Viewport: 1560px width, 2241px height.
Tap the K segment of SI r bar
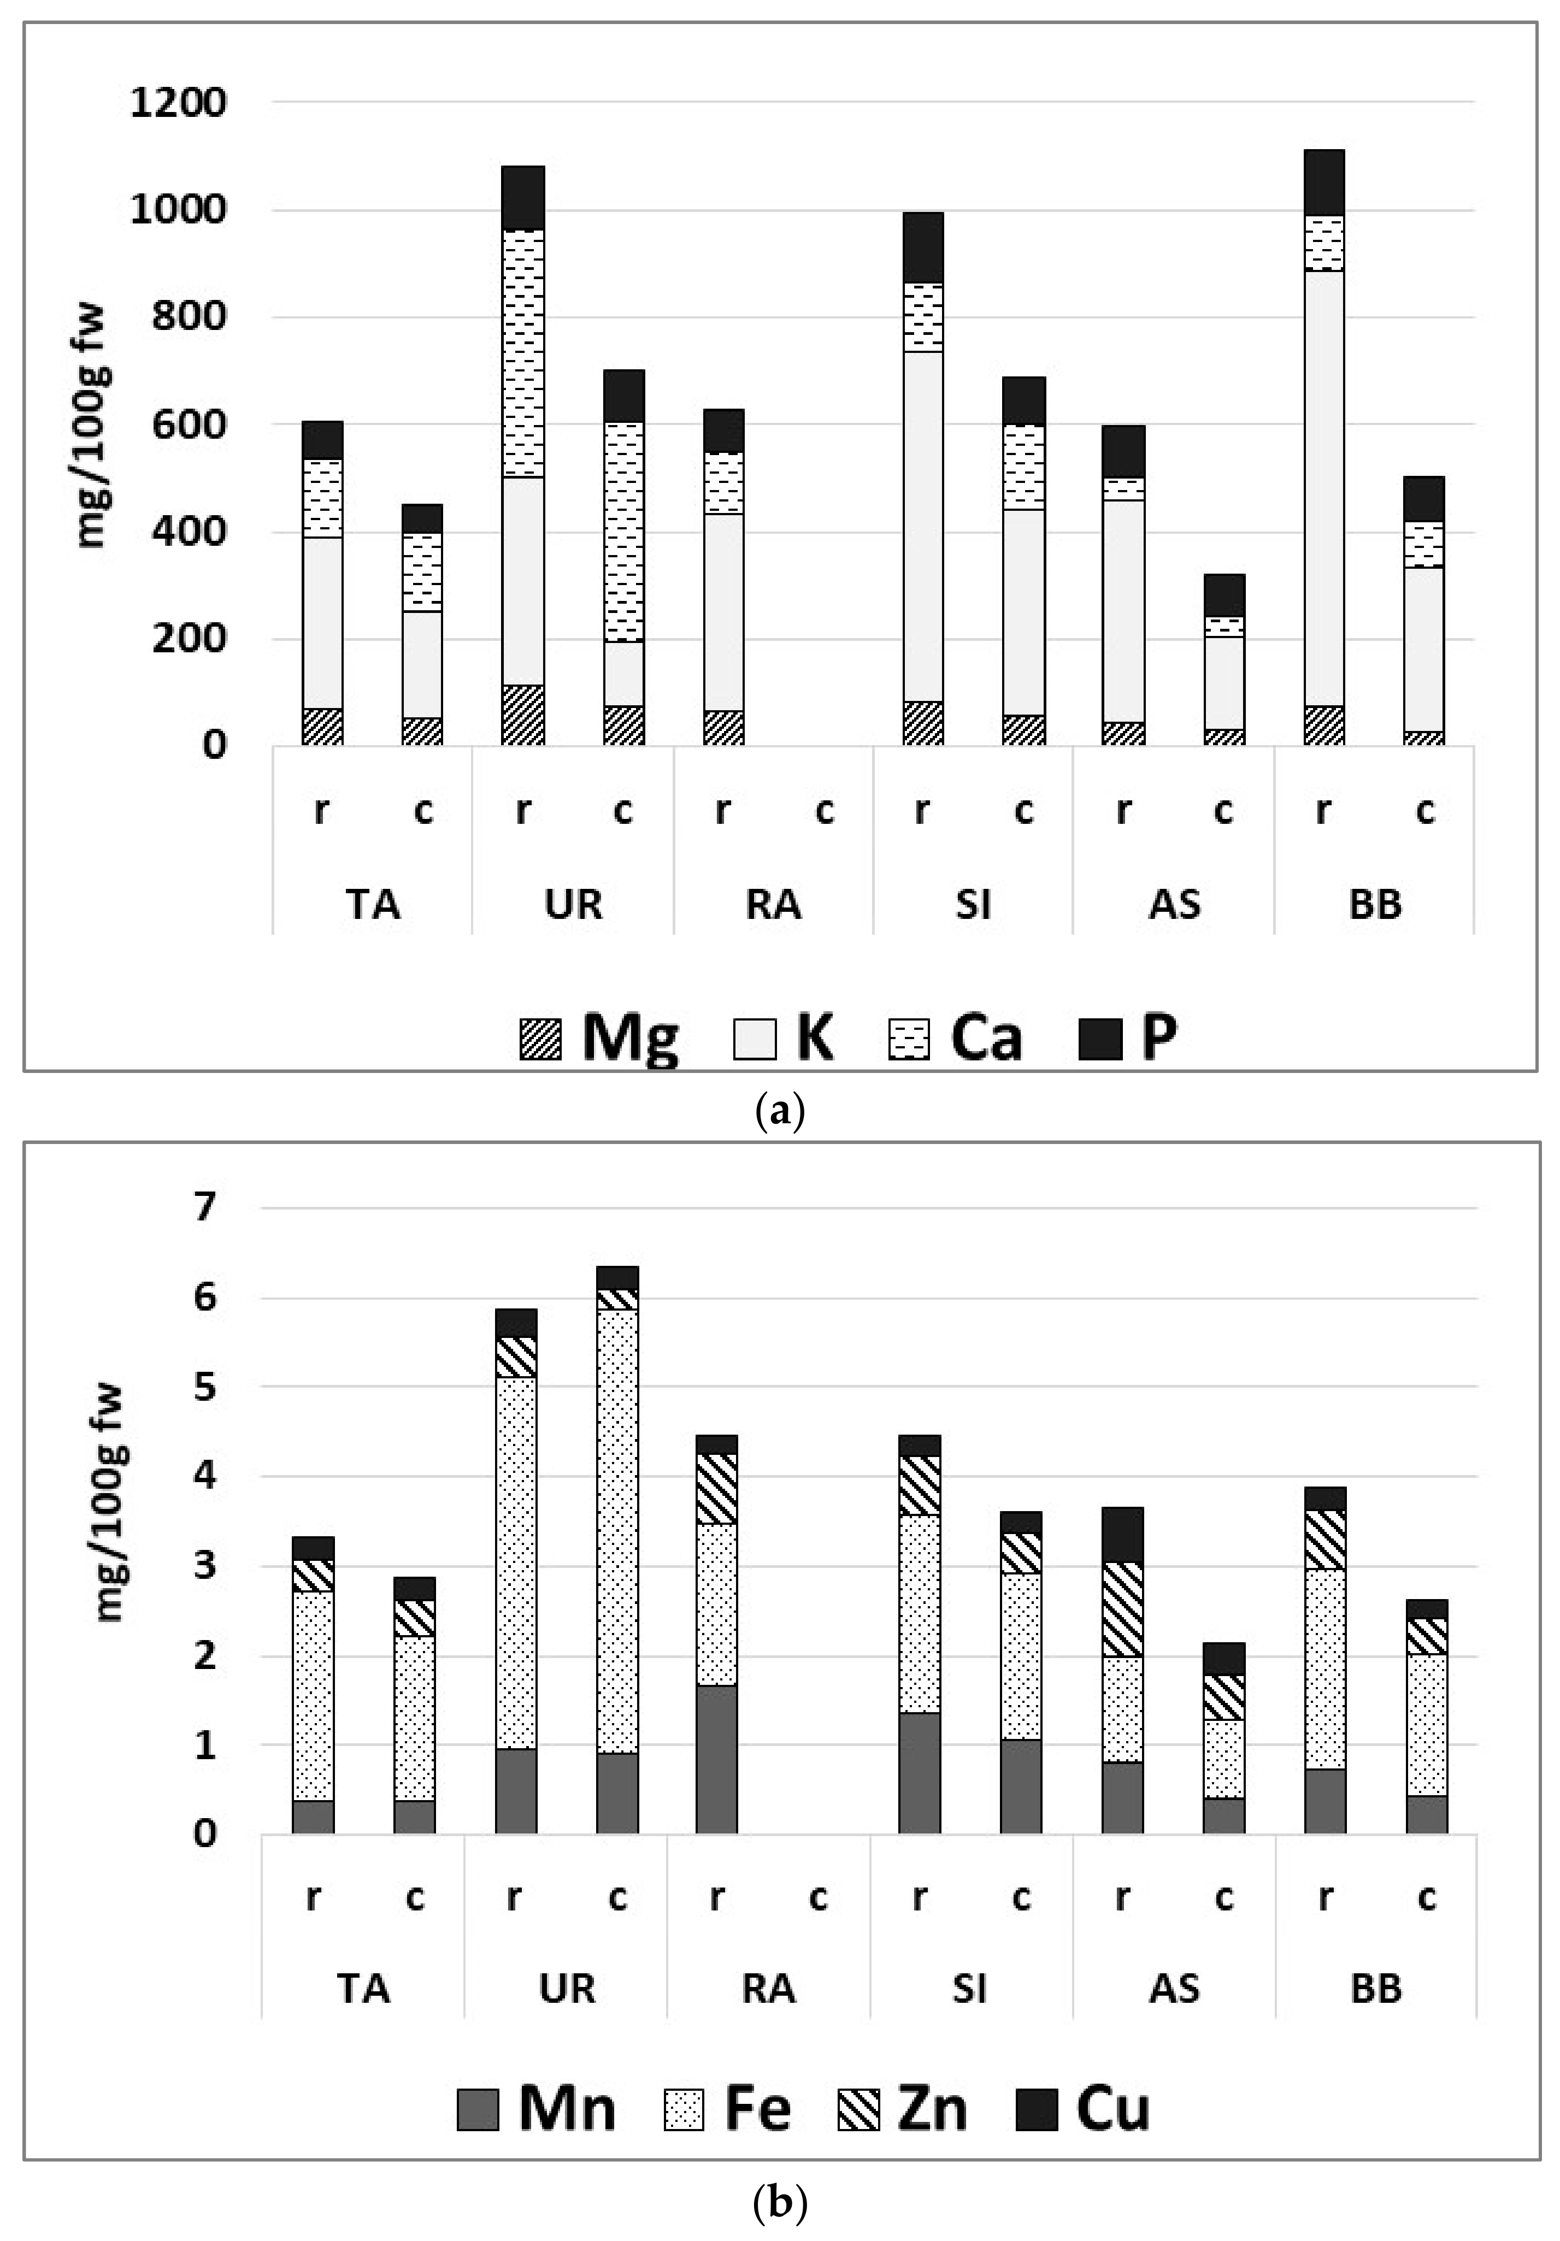tap(922, 527)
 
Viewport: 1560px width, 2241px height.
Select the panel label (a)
tap(780, 1112)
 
